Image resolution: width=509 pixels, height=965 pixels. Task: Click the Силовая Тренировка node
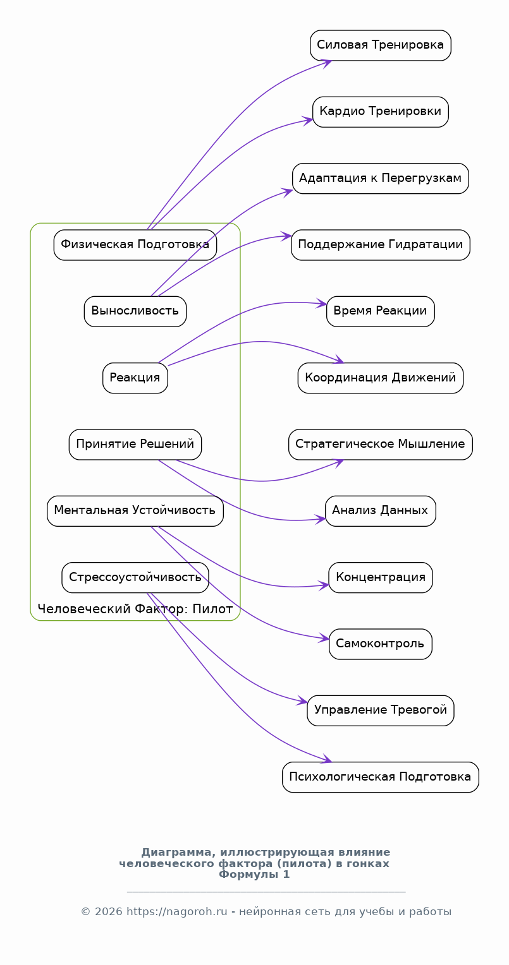[381, 45]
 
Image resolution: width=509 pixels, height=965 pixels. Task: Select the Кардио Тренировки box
[381, 112]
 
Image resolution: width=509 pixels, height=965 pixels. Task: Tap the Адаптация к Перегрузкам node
[381, 178]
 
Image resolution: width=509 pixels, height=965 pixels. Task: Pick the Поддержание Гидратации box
[381, 244]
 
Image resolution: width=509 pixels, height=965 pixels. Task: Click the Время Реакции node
[381, 311]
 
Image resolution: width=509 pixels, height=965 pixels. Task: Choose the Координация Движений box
[381, 378]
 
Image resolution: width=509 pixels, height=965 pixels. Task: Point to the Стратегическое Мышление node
[381, 445]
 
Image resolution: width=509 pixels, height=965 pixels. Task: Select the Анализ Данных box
[381, 511]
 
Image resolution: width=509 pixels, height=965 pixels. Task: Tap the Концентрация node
[381, 578]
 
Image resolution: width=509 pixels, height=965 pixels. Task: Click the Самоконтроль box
[381, 644]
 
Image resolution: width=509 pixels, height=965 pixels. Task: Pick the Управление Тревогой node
[381, 710]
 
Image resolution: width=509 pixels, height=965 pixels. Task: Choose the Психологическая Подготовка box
[381, 777]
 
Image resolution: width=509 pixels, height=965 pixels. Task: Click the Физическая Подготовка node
[135, 244]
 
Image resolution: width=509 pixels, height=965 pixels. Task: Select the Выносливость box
[135, 311]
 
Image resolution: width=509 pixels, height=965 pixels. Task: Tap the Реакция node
[135, 378]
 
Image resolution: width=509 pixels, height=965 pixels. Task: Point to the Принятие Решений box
[135, 445]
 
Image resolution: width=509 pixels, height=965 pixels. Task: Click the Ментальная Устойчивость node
[135, 511]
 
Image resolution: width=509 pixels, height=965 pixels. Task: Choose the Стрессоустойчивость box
[135, 578]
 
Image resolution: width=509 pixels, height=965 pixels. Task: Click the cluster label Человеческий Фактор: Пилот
[135, 609]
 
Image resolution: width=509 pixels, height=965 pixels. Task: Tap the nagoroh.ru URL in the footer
[177, 911]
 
